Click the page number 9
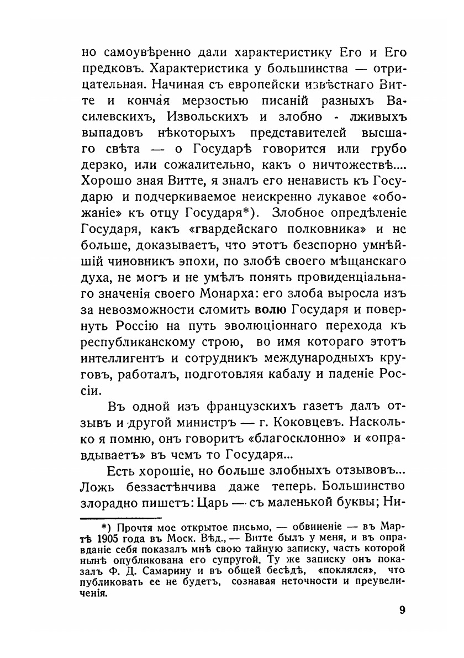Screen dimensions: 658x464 [402, 610]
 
